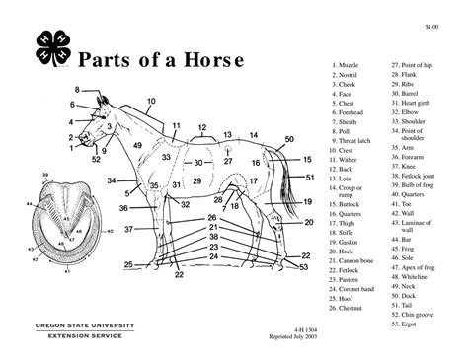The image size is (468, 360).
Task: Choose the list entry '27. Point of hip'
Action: point(416,64)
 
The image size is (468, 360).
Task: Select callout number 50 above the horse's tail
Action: point(289,139)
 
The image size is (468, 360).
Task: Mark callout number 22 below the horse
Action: point(179,273)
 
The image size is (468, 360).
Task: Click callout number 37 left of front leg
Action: point(128,229)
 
